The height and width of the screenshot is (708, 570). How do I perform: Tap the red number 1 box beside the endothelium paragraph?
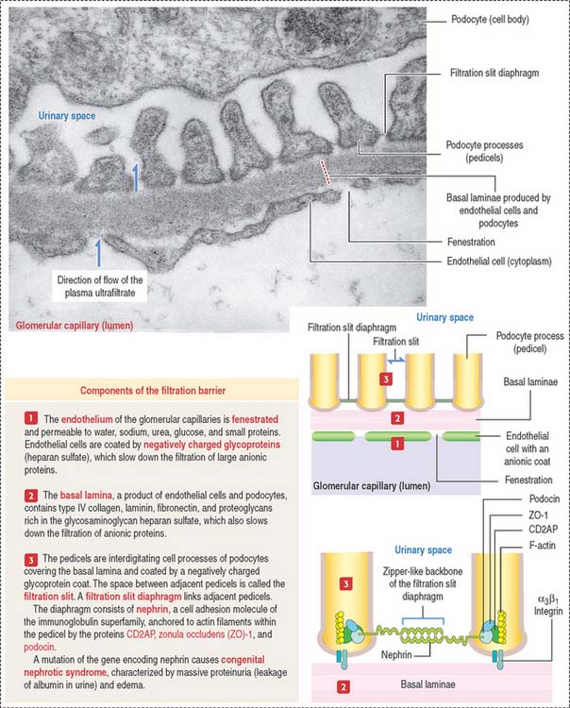(16, 417)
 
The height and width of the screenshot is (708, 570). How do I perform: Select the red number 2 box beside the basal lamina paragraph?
(16, 497)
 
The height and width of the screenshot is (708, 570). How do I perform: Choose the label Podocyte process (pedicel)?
(521, 341)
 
